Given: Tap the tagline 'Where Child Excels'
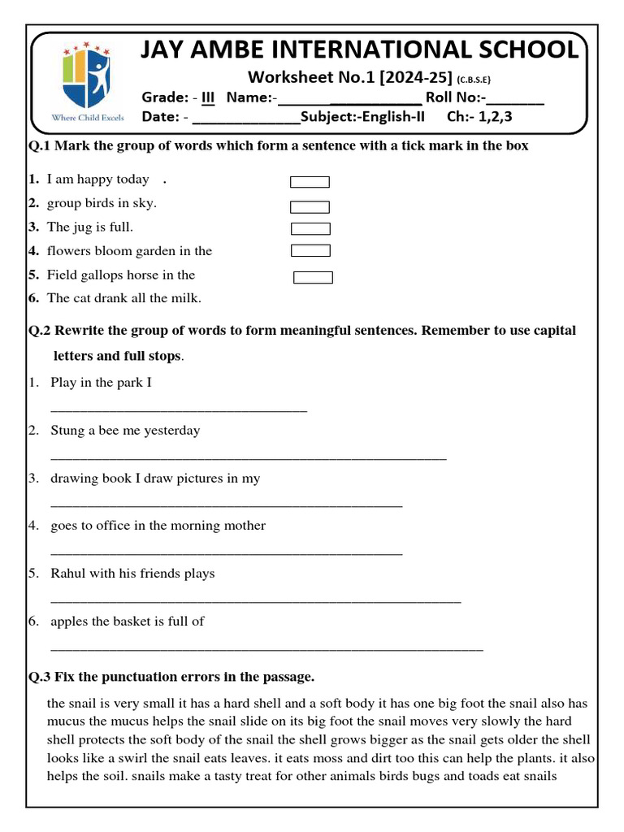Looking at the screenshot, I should pos(88,118).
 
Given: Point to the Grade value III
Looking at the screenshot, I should pos(208,98).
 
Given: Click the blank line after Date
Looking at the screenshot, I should pos(247,119).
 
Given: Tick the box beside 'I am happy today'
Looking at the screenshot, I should pos(310,182).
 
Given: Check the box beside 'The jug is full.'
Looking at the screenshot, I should pos(310,229).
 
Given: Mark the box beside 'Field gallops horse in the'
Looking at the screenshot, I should pos(313,278).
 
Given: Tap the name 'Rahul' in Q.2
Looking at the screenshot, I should pos(68,574).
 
